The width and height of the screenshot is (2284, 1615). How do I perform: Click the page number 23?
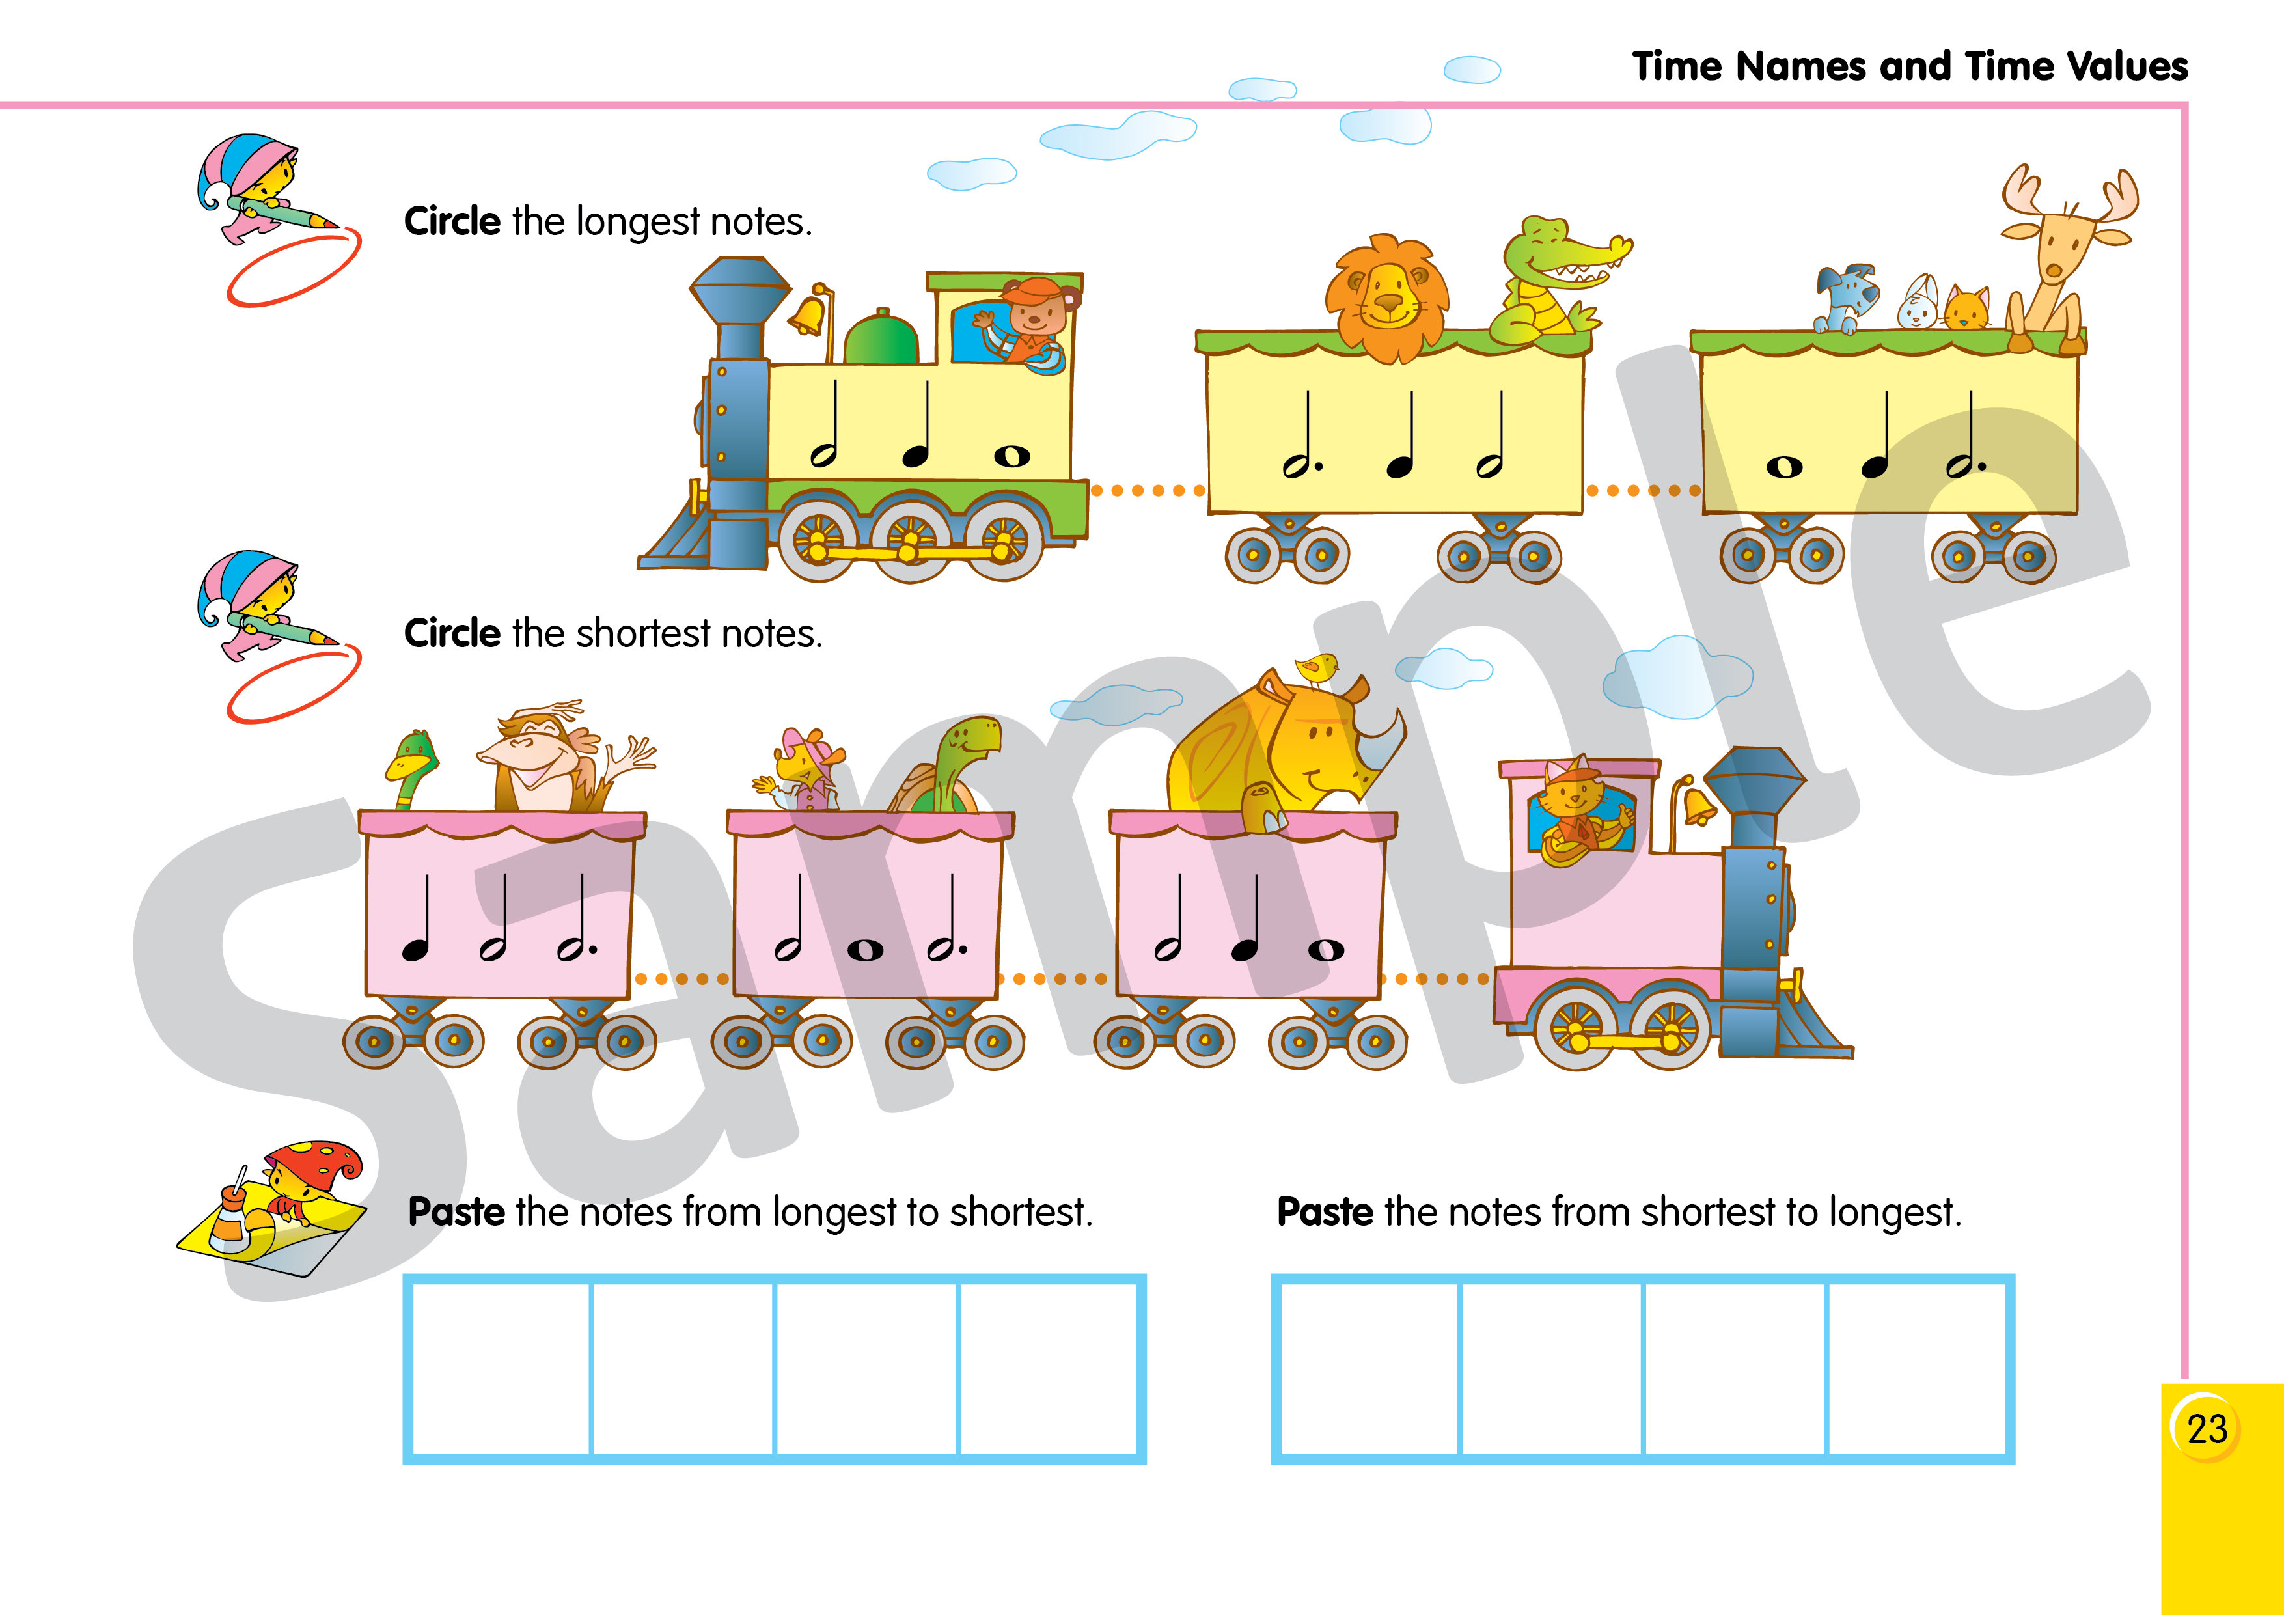pyautogui.click(x=2207, y=1429)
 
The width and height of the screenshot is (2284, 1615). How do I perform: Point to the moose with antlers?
pyautogui.click(x=2059, y=258)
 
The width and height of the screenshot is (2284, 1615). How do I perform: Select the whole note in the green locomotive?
pyautogui.click(x=1011, y=456)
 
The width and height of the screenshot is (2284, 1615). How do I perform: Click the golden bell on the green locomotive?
pyautogui.click(x=808, y=312)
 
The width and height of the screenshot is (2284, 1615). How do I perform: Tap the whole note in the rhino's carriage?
pyautogui.click(x=1325, y=950)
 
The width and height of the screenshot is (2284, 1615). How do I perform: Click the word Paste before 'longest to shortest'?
pyautogui.click(x=456, y=1212)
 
